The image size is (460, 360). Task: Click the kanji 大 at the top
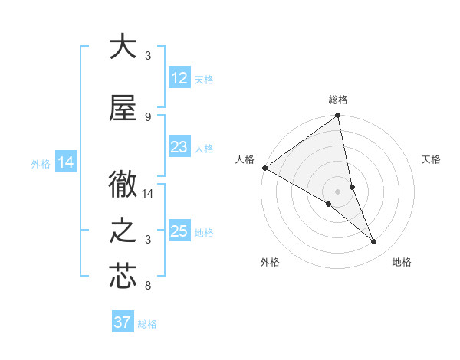(123, 47)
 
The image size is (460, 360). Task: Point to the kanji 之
(123, 231)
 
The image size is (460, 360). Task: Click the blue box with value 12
(179, 78)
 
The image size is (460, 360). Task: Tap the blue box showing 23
(179, 147)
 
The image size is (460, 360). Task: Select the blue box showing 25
(179, 231)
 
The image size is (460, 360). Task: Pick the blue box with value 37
(122, 322)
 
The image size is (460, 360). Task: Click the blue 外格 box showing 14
(65, 162)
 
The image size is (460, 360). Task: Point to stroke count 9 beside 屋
(148, 116)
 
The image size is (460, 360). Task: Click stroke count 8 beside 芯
(148, 286)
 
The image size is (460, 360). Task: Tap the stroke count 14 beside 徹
(149, 194)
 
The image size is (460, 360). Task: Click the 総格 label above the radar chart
(338, 100)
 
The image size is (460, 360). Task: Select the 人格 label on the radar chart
(245, 159)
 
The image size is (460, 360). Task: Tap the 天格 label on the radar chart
(432, 159)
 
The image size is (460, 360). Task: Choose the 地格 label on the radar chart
(402, 262)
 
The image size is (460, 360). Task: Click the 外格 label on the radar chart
(270, 262)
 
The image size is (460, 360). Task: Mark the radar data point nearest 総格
(338, 116)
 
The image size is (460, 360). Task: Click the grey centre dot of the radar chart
(337, 191)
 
